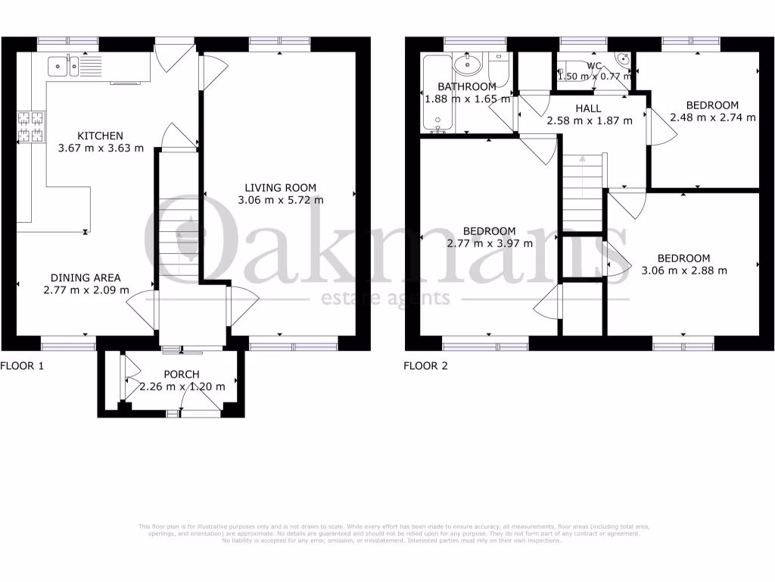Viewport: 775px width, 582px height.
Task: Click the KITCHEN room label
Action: (x=100, y=136)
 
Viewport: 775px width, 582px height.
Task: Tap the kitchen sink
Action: (x=64, y=67)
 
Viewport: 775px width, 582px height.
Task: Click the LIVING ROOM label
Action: (x=280, y=188)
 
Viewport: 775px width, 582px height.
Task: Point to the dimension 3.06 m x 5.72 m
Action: (x=280, y=201)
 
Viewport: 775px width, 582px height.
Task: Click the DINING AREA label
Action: (x=86, y=277)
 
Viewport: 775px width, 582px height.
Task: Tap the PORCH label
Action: (x=182, y=374)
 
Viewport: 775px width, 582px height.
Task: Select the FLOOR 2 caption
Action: (x=425, y=366)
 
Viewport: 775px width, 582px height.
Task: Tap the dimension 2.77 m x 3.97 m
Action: (x=490, y=244)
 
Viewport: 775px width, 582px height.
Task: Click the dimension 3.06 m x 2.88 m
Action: (x=683, y=271)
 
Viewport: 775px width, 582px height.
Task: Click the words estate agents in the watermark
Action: (x=386, y=298)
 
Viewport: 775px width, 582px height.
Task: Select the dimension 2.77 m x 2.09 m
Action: (x=86, y=290)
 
